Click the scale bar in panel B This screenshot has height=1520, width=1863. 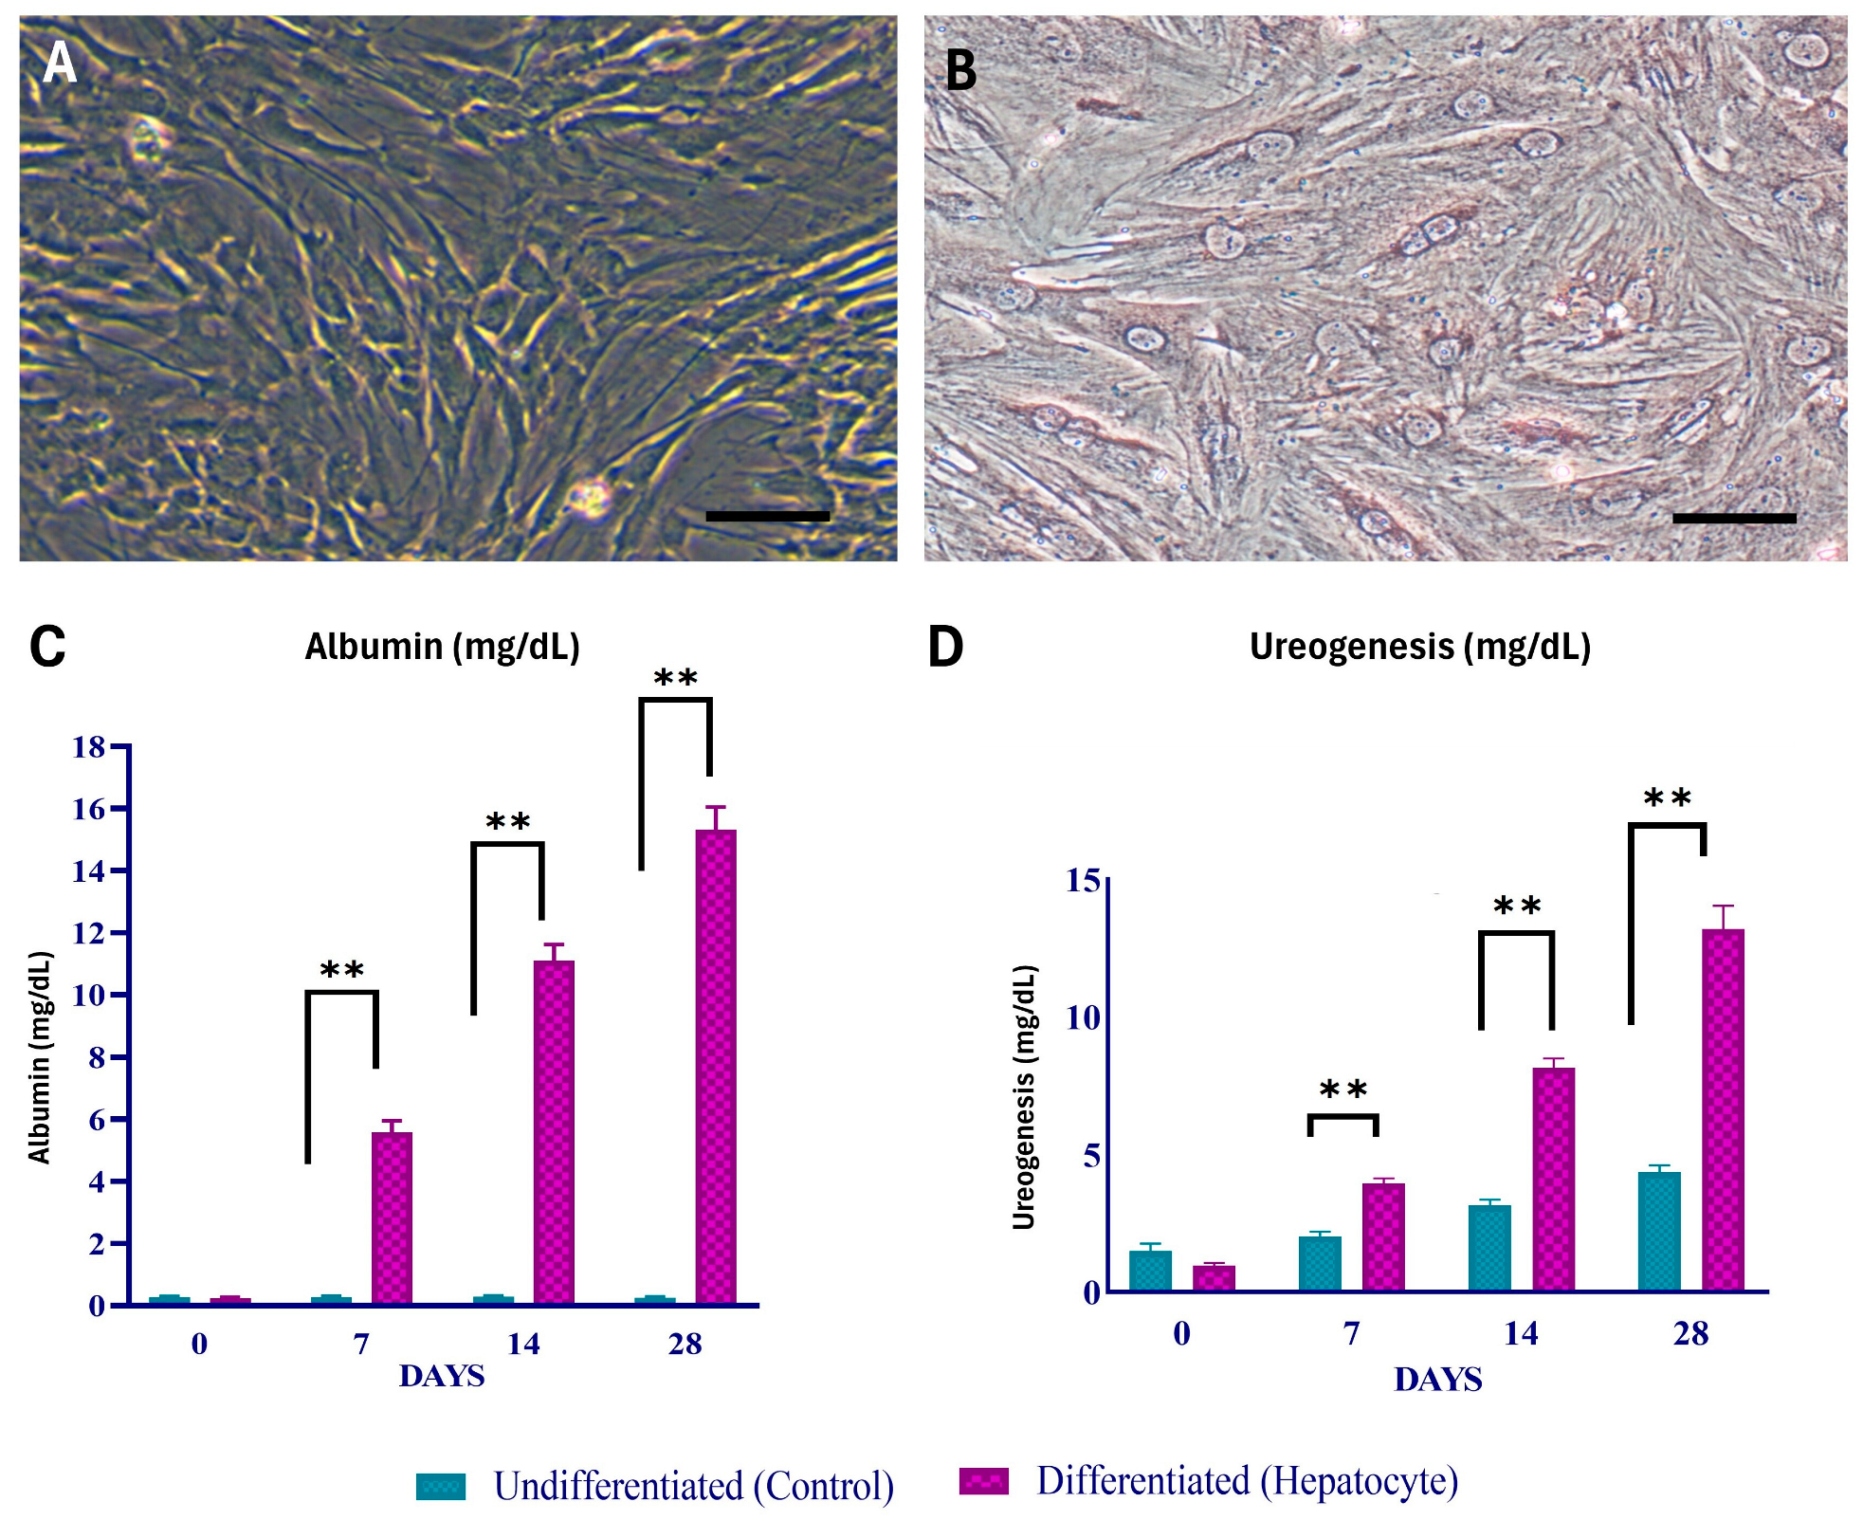(x=1733, y=518)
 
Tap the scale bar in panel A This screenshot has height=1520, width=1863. (x=767, y=516)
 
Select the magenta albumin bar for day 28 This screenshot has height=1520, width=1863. (x=716, y=1067)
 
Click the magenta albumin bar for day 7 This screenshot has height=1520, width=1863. (x=392, y=1218)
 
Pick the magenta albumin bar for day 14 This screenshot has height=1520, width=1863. (x=554, y=1133)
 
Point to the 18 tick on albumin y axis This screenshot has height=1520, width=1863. (x=90, y=747)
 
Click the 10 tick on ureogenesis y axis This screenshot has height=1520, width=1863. (x=1084, y=1018)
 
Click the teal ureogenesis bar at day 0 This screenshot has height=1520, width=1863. (x=1150, y=1271)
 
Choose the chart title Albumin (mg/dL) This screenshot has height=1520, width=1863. (x=442, y=647)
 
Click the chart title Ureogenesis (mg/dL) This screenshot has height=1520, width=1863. (x=1419, y=647)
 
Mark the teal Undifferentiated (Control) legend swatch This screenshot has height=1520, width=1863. (x=441, y=1486)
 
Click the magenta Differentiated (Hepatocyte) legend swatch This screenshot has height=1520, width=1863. (x=983, y=1480)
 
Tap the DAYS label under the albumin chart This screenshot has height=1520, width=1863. (x=442, y=1376)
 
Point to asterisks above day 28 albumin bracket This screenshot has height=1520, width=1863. (x=675, y=678)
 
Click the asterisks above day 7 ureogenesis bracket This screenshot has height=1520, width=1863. (x=1342, y=1090)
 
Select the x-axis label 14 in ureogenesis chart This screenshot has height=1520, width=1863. (x=1521, y=1333)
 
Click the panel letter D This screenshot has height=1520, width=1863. (x=944, y=648)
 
